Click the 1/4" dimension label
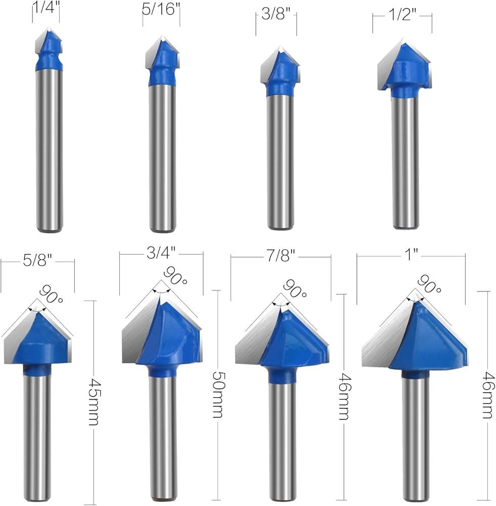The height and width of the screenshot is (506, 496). pos(47,8)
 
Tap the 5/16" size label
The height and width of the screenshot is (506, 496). pos(161,9)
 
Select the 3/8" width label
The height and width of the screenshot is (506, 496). pos(276,14)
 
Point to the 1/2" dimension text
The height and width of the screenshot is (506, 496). pos(402,15)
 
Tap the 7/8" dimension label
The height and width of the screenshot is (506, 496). pos(280,256)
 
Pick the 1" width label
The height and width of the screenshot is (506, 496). pos(411,255)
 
